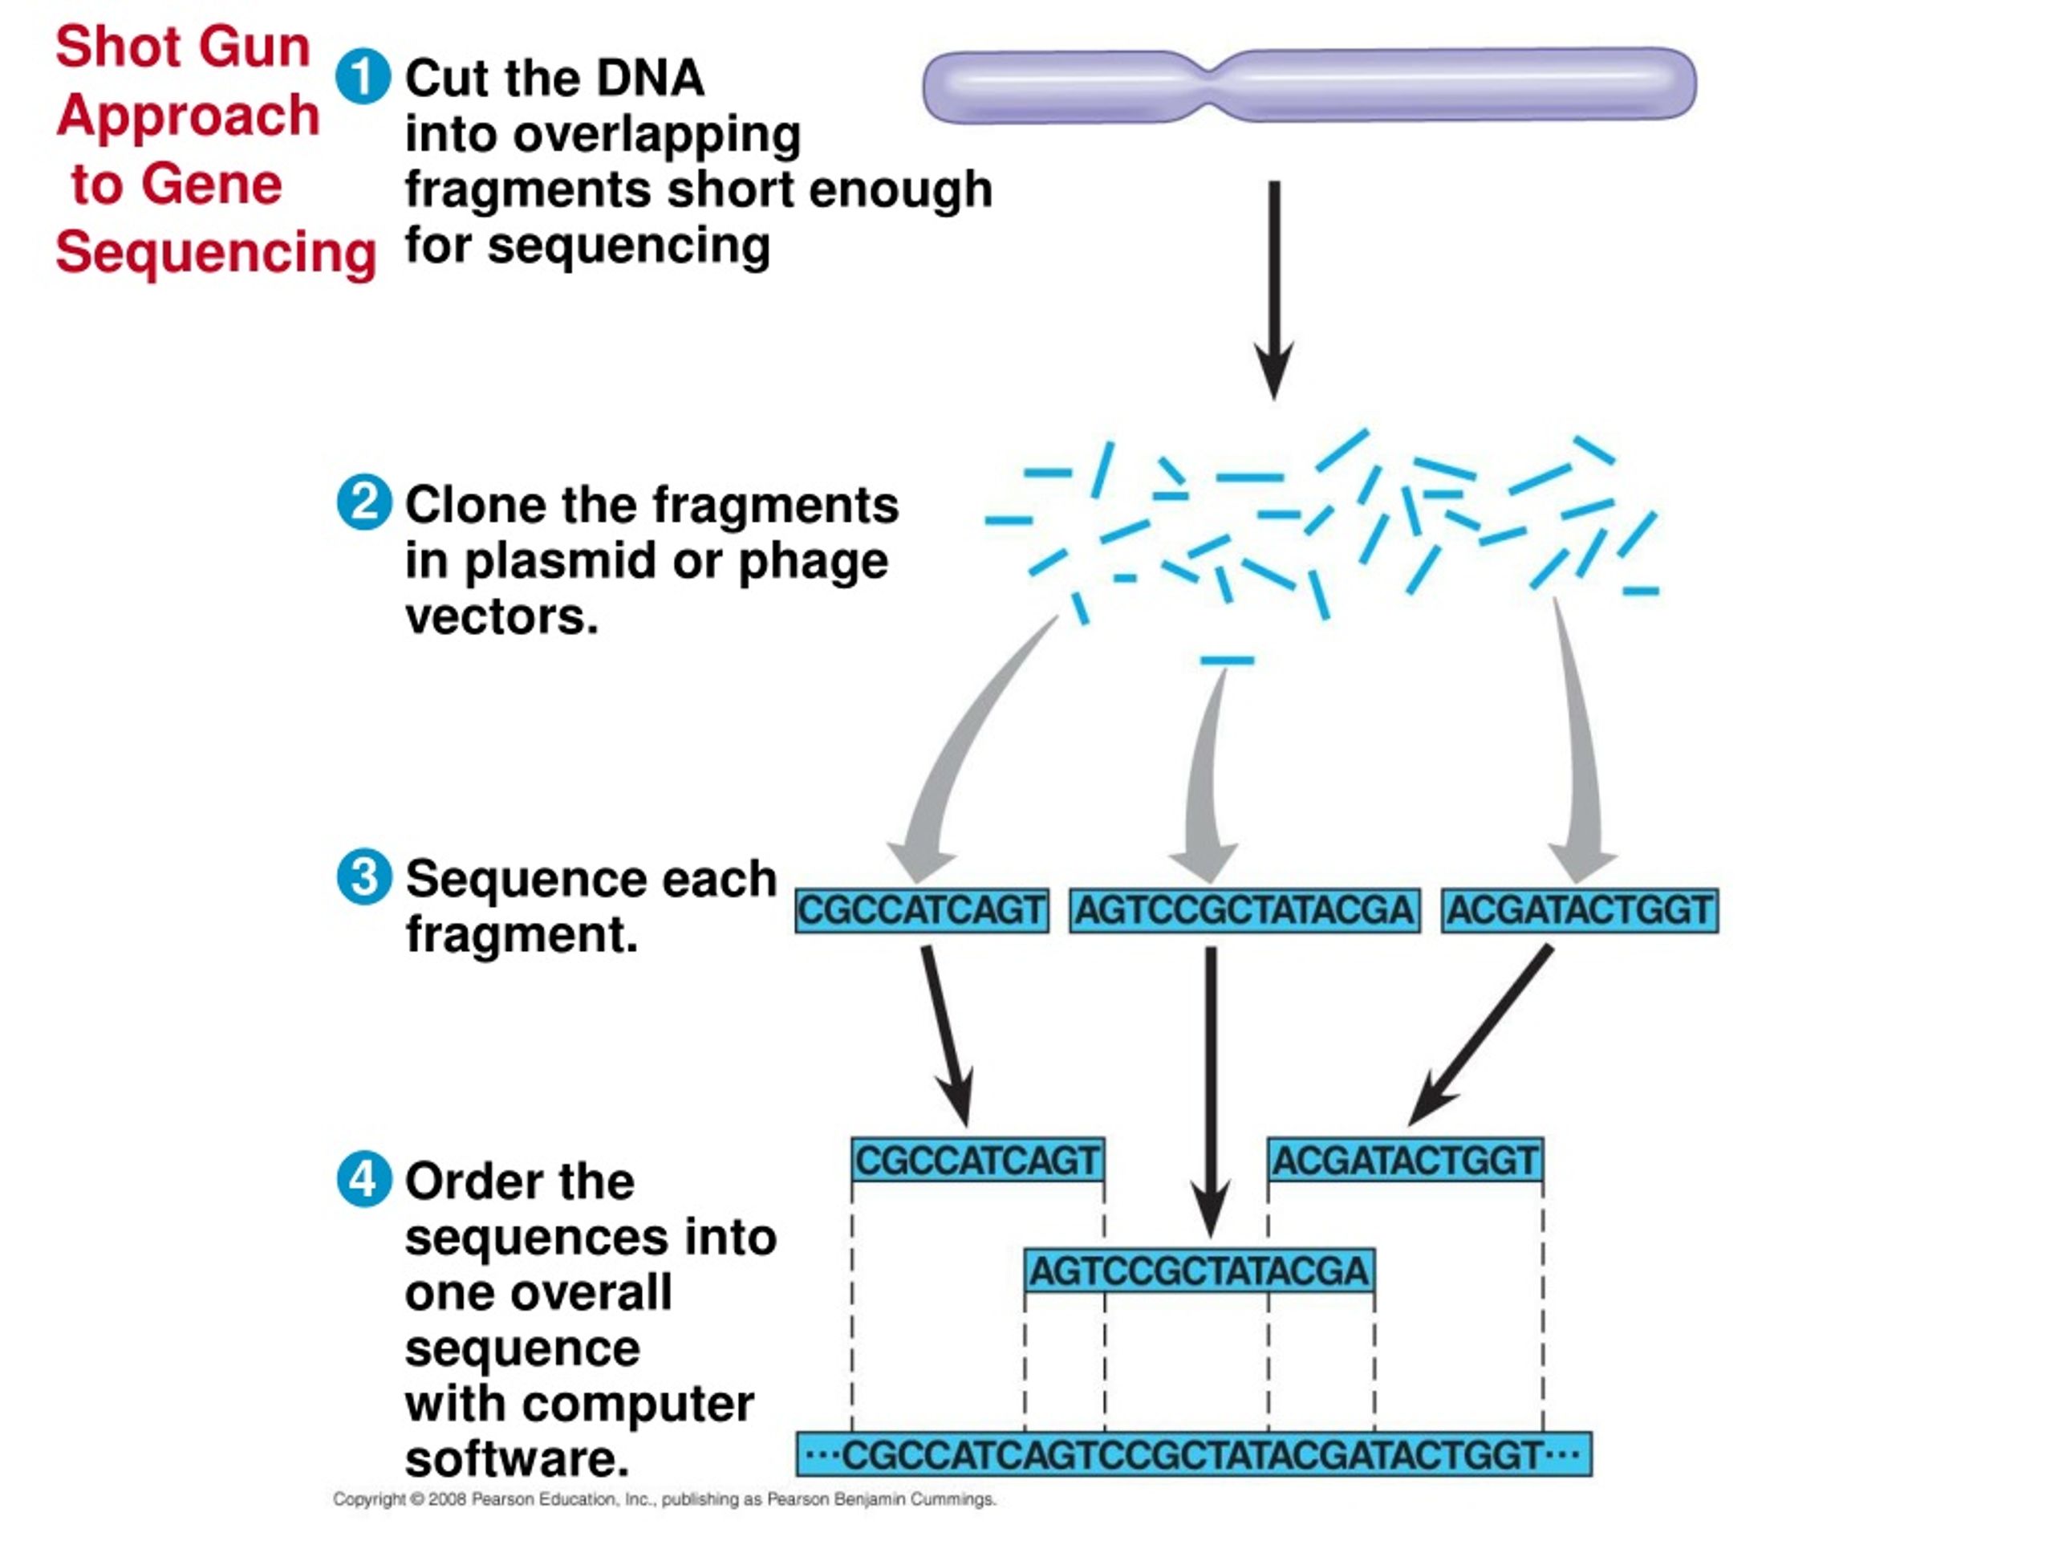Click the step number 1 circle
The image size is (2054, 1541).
(x=363, y=76)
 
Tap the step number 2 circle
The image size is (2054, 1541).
(x=364, y=502)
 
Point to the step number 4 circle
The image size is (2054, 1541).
(x=364, y=1180)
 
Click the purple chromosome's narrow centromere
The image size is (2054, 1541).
(x=1212, y=85)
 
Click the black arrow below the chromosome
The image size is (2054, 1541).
(x=1274, y=290)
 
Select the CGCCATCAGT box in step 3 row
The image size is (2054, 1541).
(x=922, y=910)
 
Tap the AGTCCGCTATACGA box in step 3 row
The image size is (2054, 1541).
(x=1245, y=910)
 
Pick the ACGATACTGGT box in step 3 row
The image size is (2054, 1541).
(x=1580, y=910)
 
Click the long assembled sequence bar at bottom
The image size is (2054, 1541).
(x=1194, y=1454)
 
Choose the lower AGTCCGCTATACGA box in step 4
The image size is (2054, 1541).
(x=1200, y=1271)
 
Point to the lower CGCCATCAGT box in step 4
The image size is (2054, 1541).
(x=978, y=1160)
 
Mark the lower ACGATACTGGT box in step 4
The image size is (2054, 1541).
(x=1406, y=1160)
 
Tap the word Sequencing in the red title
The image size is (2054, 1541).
(x=215, y=254)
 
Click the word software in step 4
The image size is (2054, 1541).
(x=518, y=1459)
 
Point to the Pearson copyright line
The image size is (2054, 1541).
(x=665, y=1499)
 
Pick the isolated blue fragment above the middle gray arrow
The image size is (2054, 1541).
(x=1227, y=661)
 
